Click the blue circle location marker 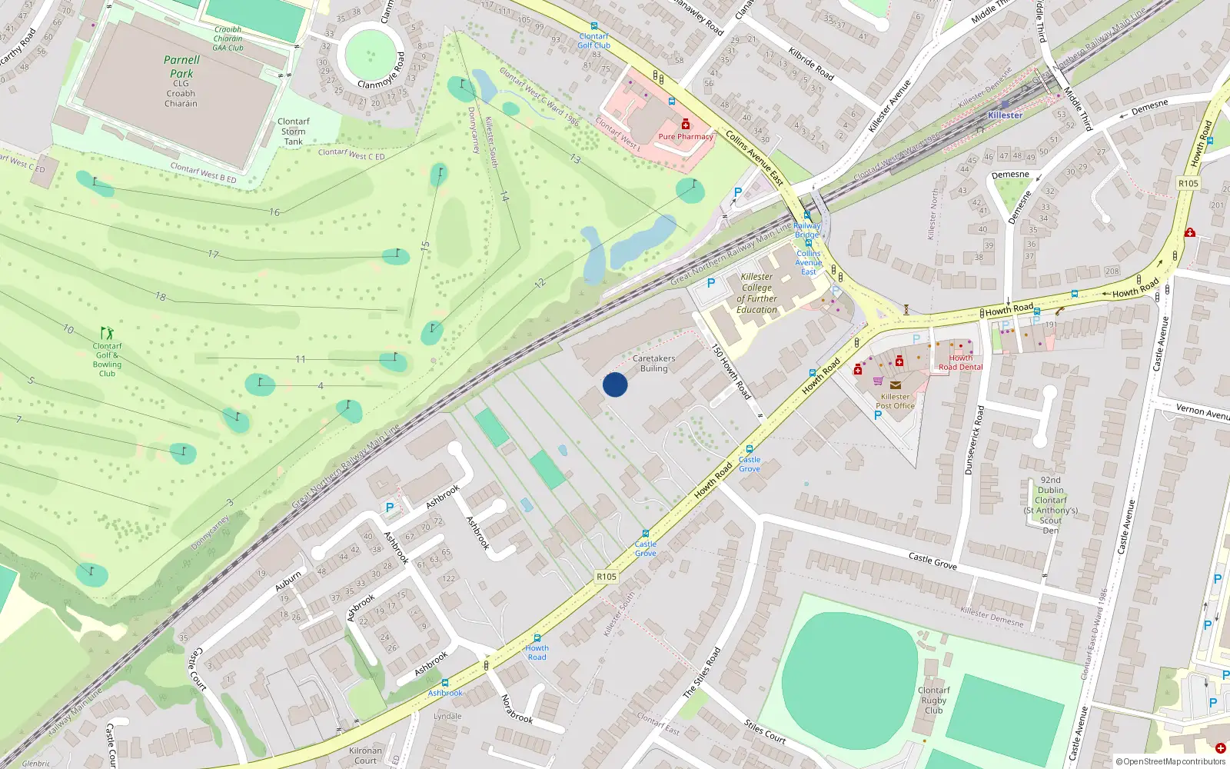[x=615, y=384]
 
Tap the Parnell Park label [x=181, y=67]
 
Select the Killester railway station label [x=1005, y=115]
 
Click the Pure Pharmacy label [x=686, y=137]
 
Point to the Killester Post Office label [x=895, y=401]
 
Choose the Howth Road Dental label [x=960, y=362]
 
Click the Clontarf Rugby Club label [x=933, y=700]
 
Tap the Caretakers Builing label [x=653, y=364]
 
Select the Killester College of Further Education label [x=756, y=293]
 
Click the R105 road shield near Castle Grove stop [x=607, y=576]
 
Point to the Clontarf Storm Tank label [x=293, y=131]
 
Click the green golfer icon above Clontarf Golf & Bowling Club [x=107, y=333]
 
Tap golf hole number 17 [x=213, y=255]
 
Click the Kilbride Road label [x=811, y=63]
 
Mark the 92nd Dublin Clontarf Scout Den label [x=1050, y=505]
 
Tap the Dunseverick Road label [x=974, y=440]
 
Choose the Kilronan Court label [x=365, y=755]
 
